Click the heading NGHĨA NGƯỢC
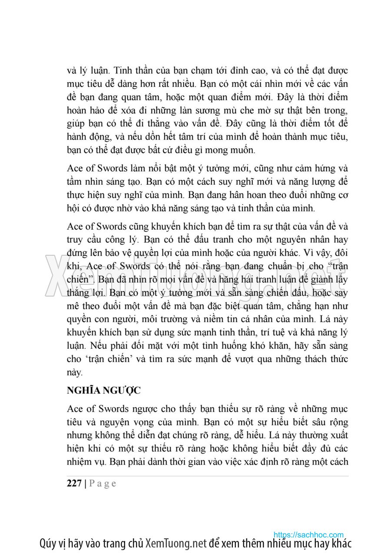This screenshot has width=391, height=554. coord(104,390)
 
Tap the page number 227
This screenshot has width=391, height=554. coord(75,484)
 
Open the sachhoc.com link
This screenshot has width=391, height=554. coord(308,535)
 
